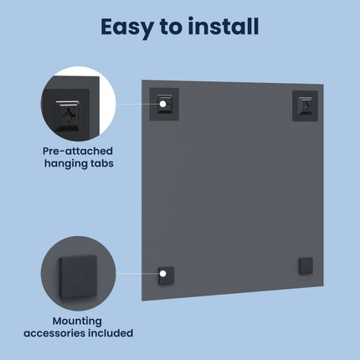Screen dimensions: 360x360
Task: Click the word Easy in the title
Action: (127, 28)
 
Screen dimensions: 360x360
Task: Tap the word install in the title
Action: (224, 26)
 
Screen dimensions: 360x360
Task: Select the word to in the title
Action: (171, 27)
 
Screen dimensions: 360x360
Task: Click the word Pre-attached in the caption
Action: (78, 151)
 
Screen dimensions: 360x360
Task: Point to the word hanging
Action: (66, 163)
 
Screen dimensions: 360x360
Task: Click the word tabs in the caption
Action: (101, 163)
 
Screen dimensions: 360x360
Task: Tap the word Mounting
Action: (77, 321)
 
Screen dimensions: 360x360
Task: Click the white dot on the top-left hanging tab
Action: (163, 104)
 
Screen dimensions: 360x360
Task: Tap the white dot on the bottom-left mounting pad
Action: (163, 274)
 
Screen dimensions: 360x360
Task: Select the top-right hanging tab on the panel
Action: (305, 105)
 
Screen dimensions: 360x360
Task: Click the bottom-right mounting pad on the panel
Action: (306, 266)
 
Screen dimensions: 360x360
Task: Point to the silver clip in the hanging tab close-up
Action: (67, 103)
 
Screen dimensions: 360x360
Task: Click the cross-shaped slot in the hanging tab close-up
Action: (68, 114)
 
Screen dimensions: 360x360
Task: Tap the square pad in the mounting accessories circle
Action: (78, 276)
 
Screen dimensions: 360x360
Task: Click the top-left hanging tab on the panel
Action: (164, 105)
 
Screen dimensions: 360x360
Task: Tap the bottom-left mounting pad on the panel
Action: (167, 275)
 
